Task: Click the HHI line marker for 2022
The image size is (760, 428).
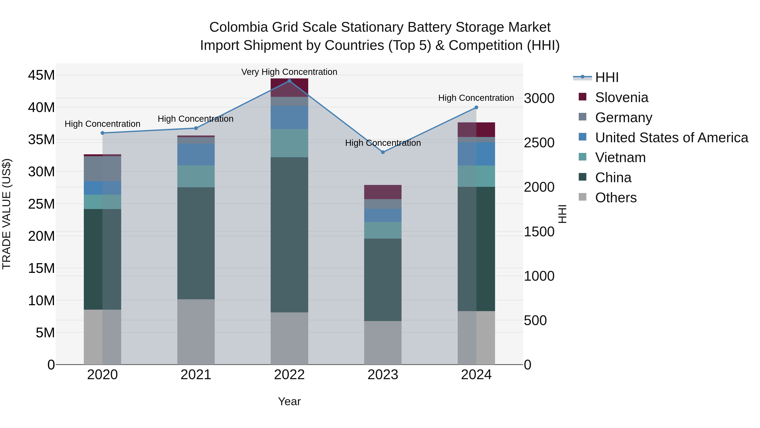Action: (289, 81)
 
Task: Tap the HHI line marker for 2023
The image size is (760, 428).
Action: (383, 152)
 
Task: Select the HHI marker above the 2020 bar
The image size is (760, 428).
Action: (102, 133)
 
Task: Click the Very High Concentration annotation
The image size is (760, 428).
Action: (289, 72)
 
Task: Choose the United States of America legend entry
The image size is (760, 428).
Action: (671, 138)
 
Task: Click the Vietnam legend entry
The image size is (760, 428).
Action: (620, 157)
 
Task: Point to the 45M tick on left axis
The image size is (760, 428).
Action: (41, 75)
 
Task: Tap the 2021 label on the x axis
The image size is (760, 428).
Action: (196, 375)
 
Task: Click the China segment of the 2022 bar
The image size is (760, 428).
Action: (289, 235)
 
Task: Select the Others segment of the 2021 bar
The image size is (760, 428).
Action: (196, 332)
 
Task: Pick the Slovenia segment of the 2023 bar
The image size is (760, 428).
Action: (383, 192)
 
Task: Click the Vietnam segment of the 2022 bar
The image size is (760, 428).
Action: (289, 143)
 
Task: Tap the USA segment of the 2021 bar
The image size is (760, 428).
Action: (196, 154)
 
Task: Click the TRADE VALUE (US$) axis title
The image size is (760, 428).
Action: (7, 214)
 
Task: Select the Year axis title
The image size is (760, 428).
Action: (289, 401)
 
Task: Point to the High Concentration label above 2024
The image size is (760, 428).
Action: (476, 98)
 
